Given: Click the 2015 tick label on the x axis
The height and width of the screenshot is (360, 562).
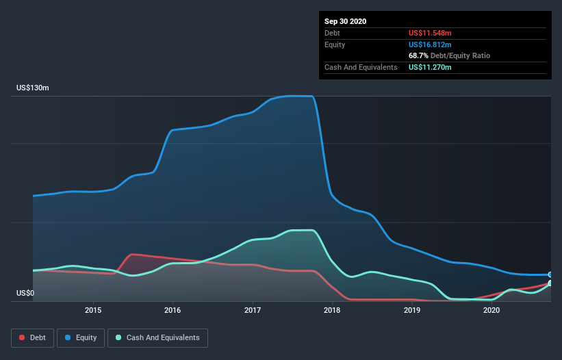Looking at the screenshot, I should [93, 311].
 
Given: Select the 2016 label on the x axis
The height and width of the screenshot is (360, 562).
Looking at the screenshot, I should [173, 311].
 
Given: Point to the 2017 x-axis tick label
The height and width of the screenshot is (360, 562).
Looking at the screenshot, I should [253, 311].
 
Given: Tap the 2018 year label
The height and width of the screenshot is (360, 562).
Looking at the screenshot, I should [332, 311].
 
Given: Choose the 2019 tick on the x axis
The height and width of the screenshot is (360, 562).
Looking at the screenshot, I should [412, 311].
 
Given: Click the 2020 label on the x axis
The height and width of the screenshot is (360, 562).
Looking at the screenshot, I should [491, 311].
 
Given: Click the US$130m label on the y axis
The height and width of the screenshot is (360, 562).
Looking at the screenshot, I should [33, 88].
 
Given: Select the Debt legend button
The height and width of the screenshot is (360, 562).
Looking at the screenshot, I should [33, 337].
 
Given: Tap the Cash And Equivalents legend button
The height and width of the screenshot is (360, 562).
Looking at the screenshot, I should [157, 337].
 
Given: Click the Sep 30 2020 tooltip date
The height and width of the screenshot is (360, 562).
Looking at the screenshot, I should [345, 21].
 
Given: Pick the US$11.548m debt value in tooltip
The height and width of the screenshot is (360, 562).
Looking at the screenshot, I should [430, 33].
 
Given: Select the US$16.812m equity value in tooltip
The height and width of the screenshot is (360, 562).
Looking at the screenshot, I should [430, 44].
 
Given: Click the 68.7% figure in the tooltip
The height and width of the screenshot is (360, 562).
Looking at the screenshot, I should [418, 55].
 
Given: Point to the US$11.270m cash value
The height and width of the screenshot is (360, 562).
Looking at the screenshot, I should [430, 67].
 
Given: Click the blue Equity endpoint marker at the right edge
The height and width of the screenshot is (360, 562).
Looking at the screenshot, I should [550, 274].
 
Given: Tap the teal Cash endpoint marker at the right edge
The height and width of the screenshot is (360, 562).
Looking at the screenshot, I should [550, 283].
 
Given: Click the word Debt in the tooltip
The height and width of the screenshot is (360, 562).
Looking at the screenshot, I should [333, 33].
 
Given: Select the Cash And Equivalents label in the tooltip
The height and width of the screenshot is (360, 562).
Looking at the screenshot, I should [361, 67].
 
